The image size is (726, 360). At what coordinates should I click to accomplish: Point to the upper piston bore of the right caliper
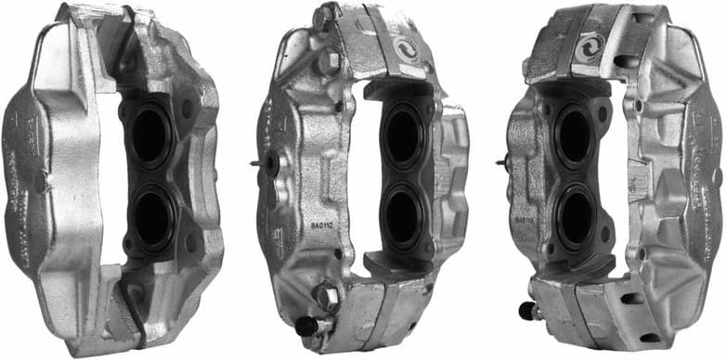pyautogui.click(x=574, y=135)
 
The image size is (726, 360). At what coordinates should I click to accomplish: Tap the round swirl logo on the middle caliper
pyautogui.click(x=407, y=48)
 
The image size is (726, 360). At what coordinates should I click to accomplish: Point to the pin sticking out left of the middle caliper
pyautogui.click(x=257, y=164)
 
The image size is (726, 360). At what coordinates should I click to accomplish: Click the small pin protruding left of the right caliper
pyautogui.click(x=502, y=164)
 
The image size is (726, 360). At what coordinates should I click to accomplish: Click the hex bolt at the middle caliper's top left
pyautogui.click(x=327, y=63)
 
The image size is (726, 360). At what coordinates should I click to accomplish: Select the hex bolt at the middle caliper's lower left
pyautogui.click(x=327, y=299)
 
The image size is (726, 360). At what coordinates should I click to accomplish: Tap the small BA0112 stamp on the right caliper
pyautogui.click(x=523, y=220)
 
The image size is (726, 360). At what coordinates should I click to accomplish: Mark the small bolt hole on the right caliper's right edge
pyautogui.click(x=716, y=175)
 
